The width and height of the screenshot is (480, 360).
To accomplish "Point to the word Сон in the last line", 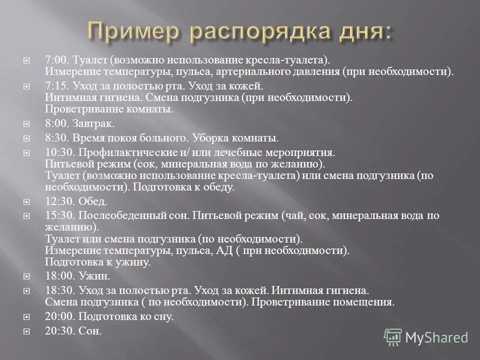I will point(90,330).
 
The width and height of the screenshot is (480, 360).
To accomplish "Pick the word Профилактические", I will point(124,152).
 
